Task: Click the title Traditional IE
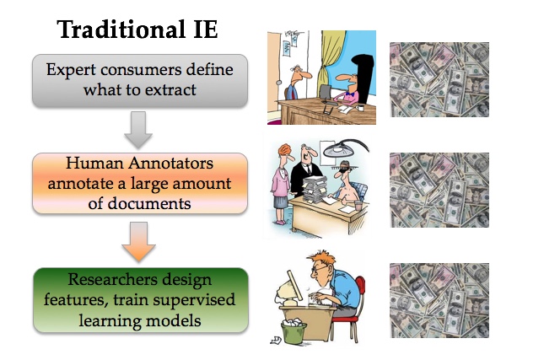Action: (x=137, y=30)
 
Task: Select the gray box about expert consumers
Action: (x=140, y=80)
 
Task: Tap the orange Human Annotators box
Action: (x=140, y=183)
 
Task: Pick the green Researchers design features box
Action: (x=141, y=300)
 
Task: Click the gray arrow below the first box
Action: (x=138, y=130)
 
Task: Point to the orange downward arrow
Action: (x=139, y=242)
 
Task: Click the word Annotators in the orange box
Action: (x=170, y=163)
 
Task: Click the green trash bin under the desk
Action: (x=294, y=332)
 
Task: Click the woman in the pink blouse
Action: (x=282, y=184)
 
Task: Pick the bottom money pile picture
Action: (x=439, y=300)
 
